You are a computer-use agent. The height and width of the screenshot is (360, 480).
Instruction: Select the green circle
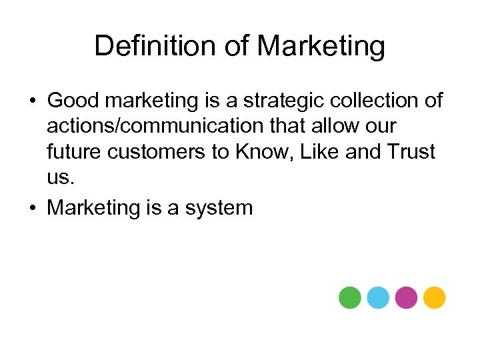pyautogui.click(x=349, y=297)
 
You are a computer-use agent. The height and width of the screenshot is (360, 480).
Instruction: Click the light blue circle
pyautogui.click(x=377, y=297)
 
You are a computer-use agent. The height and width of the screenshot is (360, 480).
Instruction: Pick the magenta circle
pyautogui.click(x=406, y=297)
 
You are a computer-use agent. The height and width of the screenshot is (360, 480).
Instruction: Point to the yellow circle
pyautogui.click(x=434, y=297)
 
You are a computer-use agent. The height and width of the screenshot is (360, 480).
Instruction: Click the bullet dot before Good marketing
pyautogui.click(x=33, y=101)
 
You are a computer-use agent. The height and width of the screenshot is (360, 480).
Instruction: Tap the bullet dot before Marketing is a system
pyautogui.click(x=33, y=209)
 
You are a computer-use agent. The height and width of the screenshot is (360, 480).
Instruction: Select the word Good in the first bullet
pyautogui.click(x=72, y=101)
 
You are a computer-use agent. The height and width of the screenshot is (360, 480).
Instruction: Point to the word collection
pyautogui.click(x=375, y=101)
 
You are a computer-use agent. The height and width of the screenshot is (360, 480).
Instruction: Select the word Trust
pyautogui.click(x=411, y=151)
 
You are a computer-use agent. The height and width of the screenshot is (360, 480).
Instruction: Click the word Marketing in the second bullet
pyautogui.click(x=91, y=209)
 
